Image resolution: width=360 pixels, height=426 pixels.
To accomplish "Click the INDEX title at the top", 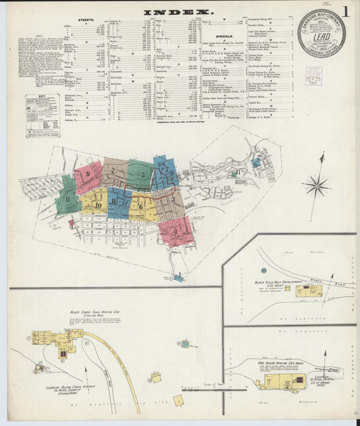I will point(178,12).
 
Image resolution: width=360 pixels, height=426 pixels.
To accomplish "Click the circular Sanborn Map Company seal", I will point(321,33).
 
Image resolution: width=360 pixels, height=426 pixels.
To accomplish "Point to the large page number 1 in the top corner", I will point(346,12).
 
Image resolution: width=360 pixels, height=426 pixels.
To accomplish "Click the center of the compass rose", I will point(316,184).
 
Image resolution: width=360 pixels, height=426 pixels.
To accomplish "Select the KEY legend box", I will point(42,107).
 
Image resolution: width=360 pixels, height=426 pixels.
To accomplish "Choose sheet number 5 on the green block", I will point(143,174).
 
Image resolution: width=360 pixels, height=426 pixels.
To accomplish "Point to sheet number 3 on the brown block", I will point(173,200).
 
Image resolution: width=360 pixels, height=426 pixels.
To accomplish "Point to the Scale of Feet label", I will point(215,384).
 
